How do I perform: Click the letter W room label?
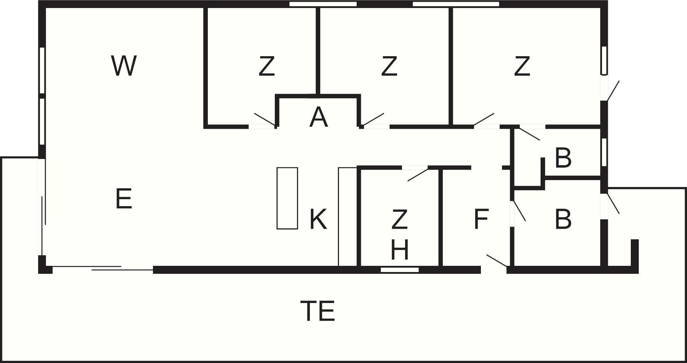click(124, 66)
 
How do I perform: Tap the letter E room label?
click(124, 199)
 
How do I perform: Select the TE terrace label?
click(317, 311)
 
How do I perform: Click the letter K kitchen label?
click(318, 219)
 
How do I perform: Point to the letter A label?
click(319, 117)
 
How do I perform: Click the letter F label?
click(481, 219)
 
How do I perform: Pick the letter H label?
click(400, 250)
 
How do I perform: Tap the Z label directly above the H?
click(399, 219)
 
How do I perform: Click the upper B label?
click(563, 158)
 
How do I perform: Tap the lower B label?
click(563, 219)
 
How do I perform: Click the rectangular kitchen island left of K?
click(287, 198)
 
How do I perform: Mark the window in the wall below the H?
click(400, 270)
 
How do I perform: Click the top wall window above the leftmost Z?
click(323, 4)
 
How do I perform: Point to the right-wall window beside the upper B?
click(604, 152)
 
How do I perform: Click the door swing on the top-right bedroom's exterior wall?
click(613, 91)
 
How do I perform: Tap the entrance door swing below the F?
click(497, 261)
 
